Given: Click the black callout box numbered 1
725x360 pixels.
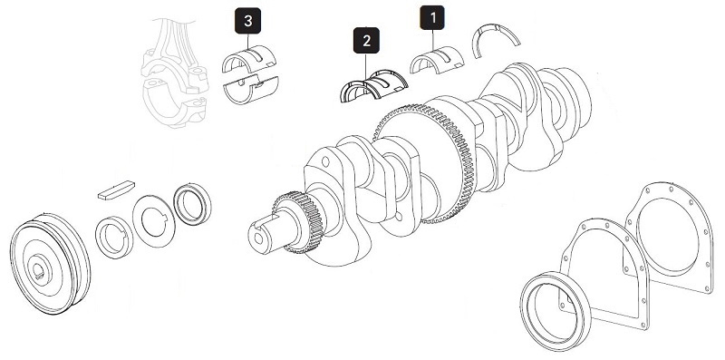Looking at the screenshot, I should pyautogui.click(x=431, y=18).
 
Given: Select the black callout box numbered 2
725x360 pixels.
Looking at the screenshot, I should pyautogui.click(x=366, y=41).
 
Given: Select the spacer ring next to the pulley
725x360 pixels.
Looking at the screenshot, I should pyautogui.click(x=116, y=235).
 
